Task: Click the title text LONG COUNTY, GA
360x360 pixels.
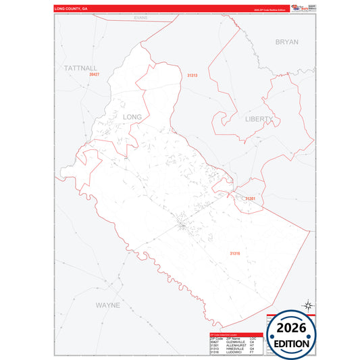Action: pyautogui.click(x=71, y=9)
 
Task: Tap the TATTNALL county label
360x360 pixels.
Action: pyautogui.click(x=81, y=68)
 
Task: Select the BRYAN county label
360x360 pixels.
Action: pyautogui.click(x=286, y=42)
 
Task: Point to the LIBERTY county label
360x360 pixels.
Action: pyautogui.click(x=259, y=119)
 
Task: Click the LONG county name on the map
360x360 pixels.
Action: pyautogui.click(x=132, y=117)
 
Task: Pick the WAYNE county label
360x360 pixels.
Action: pyautogui.click(x=107, y=305)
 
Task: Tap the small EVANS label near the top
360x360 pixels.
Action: pyautogui.click(x=140, y=17)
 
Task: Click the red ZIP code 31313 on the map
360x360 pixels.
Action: pyautogui.click(x=192, y=76)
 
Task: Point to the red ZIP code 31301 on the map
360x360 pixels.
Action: pyautogui.click(x=251, y=198)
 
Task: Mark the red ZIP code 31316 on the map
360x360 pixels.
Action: pyautogui.click(x=235, y=253)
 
